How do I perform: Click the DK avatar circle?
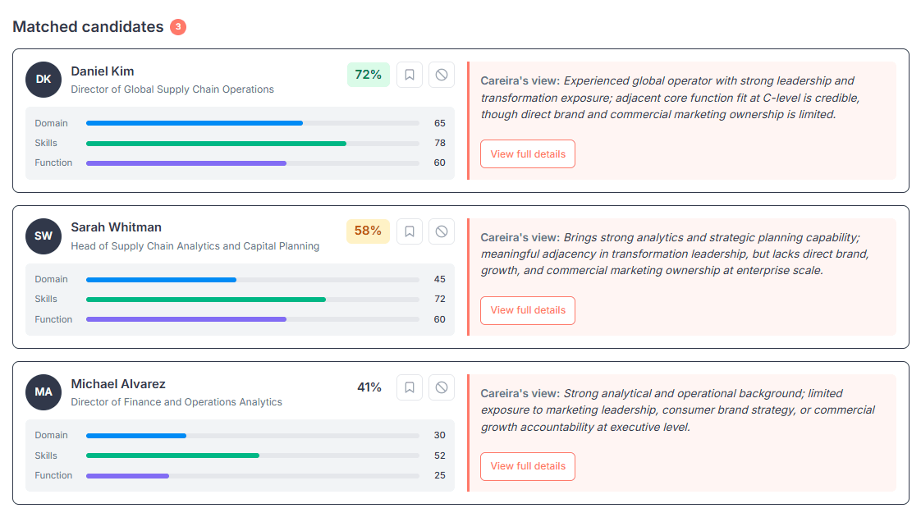pyautogui.click(x=44, y=79)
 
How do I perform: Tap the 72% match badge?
pyautogui.click(x=368, y=75)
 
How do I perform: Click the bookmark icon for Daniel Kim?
pyautogui.click(x=410, y=75)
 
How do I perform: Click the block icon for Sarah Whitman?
pyautogui.click(x=442, y=231)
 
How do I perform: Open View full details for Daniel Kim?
pyautogui.click(x=528, y=154)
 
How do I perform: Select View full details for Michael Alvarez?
pyautogui.click(x=528, y=466)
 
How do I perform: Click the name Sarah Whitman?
pyautogui.click(x=116, y=227)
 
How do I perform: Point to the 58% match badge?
pyautogui.click(x=368, y=231)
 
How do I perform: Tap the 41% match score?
pyautogui.click(x=369, y=387)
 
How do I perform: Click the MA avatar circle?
pyautogui.click(x=44, y=391)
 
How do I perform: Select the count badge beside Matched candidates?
pyautogui.click(x=178, y=27)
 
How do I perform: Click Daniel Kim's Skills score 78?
pyautogui.click(x=439, y=143)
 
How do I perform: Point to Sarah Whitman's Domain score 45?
pyautogui.click(x=439, y=279)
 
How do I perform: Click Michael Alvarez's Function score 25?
pyautogui.click(x=439, y=475)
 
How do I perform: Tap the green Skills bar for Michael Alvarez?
pyautogui.click(x=172, y=456)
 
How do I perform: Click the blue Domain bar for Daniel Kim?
pyautogui.click(x=194, y=123)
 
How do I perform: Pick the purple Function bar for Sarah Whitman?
pyautogui.click(x=186, y=319)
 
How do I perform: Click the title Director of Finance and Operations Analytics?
pyautogui.click(x=176, y=402)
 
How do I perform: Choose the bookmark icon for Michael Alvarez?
pyautogui.click(x=410, y=387)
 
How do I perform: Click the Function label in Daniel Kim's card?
pyautogui.click(x=53, y=163)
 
